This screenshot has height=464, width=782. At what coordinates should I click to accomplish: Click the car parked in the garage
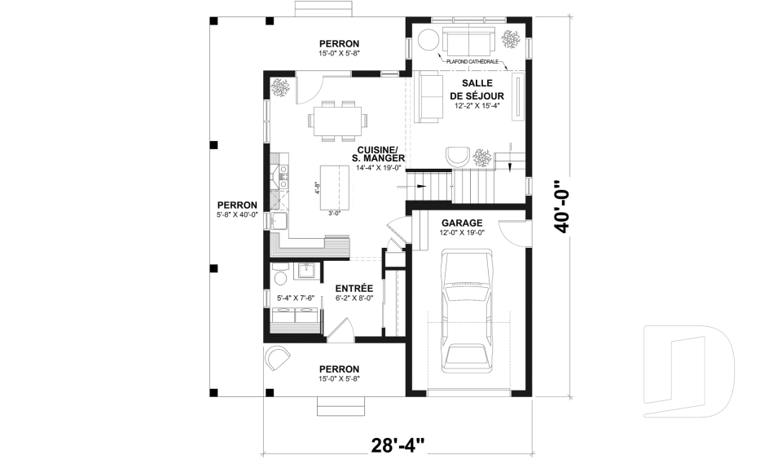[466, 312]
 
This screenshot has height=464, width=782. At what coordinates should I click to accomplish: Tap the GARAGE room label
[462, 223]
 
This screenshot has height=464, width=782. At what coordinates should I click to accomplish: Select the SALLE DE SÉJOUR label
[477, 90]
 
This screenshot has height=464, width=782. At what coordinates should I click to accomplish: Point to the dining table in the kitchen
[337, 121]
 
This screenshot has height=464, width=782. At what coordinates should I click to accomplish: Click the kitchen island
[334, 188]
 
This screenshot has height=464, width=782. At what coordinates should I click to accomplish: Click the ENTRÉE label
[354, 289]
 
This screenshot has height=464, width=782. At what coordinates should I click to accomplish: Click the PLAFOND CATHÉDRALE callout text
[472, 62]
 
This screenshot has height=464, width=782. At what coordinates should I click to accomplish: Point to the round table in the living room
[428, 39]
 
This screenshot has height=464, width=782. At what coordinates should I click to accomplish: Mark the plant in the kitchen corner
[280, 88]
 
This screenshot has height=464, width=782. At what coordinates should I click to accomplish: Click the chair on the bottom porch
[277, 358]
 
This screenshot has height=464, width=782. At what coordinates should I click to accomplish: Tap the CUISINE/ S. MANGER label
[377, 154]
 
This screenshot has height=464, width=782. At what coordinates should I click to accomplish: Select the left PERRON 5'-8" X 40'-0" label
[237, 210]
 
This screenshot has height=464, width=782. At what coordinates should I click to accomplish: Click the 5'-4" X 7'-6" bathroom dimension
[296, 298]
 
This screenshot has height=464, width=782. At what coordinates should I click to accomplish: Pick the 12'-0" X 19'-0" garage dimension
[462, 232]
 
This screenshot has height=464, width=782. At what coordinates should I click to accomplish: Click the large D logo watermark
[689, 370]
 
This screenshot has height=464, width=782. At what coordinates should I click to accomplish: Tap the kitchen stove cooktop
[283, 176]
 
